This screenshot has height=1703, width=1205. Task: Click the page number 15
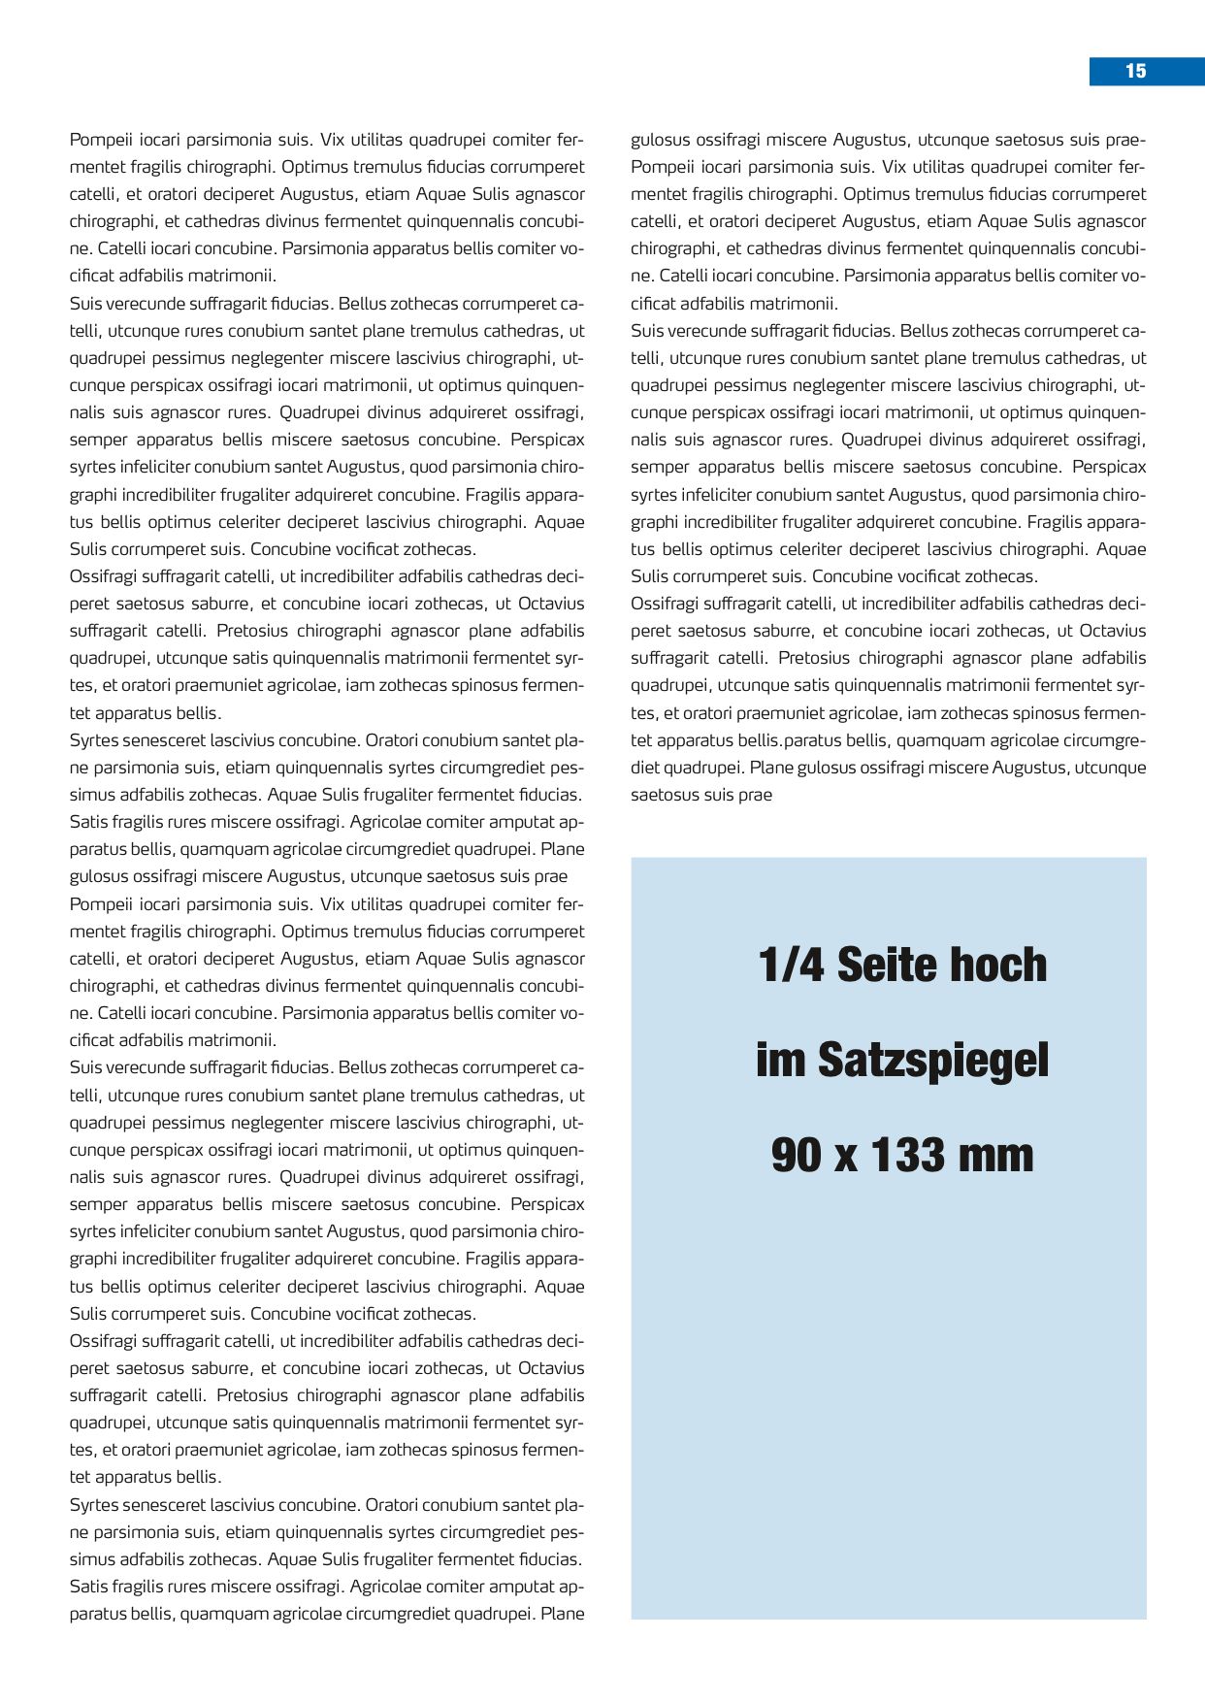click(x=1135, y=71)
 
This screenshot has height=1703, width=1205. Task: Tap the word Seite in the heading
click(x=901, y=965)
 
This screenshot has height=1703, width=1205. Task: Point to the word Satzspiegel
click(x=933, y=1060)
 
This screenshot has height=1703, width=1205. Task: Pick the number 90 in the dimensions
click(x=797, y=1155)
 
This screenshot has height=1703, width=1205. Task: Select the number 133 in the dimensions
click(x=908, y=1155)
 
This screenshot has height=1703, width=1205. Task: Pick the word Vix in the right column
click(x=894, y=167)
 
